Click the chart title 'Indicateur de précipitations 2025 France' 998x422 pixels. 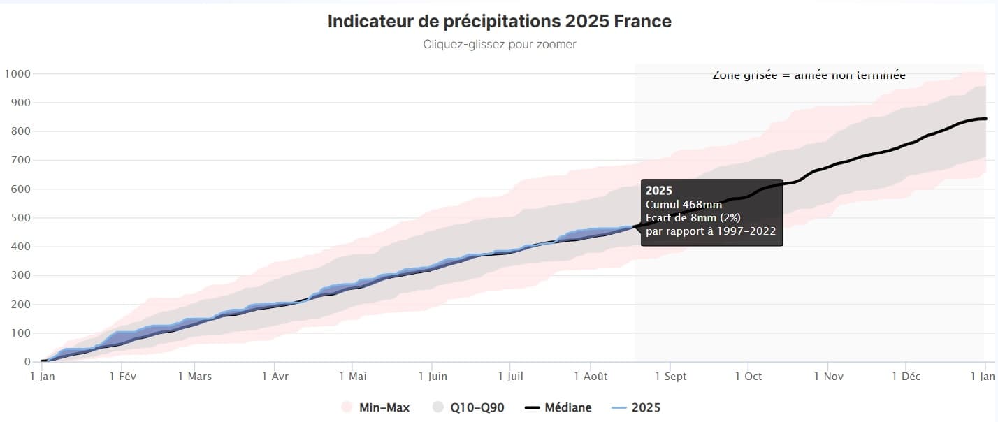(x=499, y=22)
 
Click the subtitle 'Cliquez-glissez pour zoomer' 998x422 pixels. (x=499, y=44)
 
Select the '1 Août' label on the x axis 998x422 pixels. (x=591, y=376)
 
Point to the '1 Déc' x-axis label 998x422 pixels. (x=905, y=376)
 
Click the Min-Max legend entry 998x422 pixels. (x=375, y=407)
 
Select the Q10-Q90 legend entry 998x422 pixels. (x=468, y=407)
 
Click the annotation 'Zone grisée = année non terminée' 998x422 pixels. (x=809, y=75)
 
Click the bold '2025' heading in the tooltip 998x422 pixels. (x=658, y=190)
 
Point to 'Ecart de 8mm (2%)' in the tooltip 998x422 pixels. (x=693, y=217)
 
